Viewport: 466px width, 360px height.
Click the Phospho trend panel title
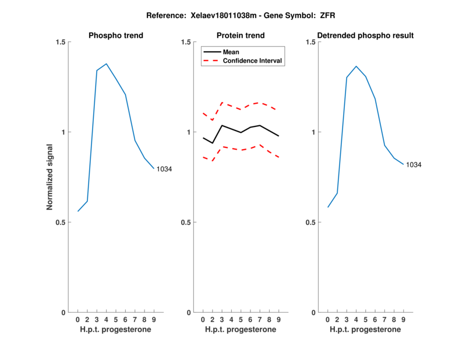coord(116,36)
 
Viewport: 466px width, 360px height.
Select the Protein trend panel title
coord(241,36)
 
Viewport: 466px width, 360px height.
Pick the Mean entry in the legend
coord(231,52)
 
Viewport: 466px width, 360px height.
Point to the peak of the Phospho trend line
coord(107,64)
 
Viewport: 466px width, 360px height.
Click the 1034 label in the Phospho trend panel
coord(164,169)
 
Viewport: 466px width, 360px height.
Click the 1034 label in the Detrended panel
coord(414,165)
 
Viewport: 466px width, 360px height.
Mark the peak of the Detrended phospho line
coord(356,66)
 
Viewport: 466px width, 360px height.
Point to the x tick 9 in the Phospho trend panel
coord(154,320)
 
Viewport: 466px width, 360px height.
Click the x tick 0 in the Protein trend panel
coord(203,320)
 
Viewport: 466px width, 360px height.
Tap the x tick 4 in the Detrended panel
coord(356,320)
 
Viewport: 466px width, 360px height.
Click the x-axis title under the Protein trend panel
coord(241,330)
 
